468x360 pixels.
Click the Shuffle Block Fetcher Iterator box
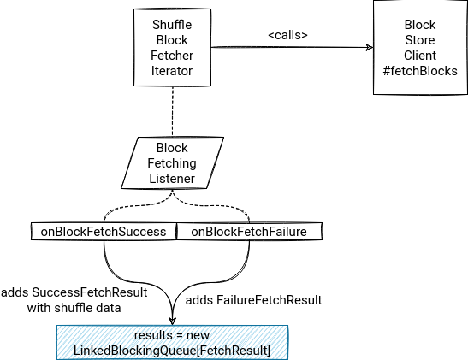[172, 47]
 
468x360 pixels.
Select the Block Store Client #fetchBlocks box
[420, 47]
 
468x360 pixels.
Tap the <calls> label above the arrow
[287, 35]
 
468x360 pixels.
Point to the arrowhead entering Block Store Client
[370, 47]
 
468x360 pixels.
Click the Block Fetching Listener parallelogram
[172, 162]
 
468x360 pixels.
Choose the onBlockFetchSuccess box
[104, 232]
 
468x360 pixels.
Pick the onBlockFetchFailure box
[249, 232]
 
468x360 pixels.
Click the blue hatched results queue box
[172, 343]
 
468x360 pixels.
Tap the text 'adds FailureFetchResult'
[253, 300]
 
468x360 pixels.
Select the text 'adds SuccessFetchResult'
[74, 292]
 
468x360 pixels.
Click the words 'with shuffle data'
[74, 308]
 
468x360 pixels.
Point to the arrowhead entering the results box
[172, 322]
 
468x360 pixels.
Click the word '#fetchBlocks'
[420, 71]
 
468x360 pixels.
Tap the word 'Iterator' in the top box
[172, 71]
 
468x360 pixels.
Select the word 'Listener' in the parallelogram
[172, 179]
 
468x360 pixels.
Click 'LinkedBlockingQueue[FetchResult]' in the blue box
[172, 351]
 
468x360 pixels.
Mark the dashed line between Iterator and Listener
[173, 111]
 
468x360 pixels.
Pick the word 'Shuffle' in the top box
[172, 25]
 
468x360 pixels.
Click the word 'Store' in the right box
[420, 40]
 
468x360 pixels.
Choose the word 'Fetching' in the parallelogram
[172, 163]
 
